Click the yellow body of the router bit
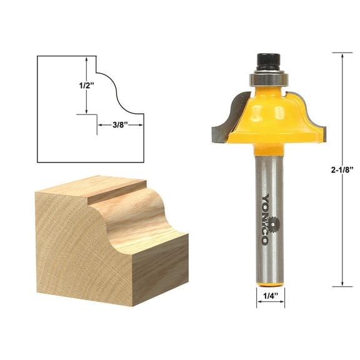(269, 116)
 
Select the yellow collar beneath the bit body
(269, 149)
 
